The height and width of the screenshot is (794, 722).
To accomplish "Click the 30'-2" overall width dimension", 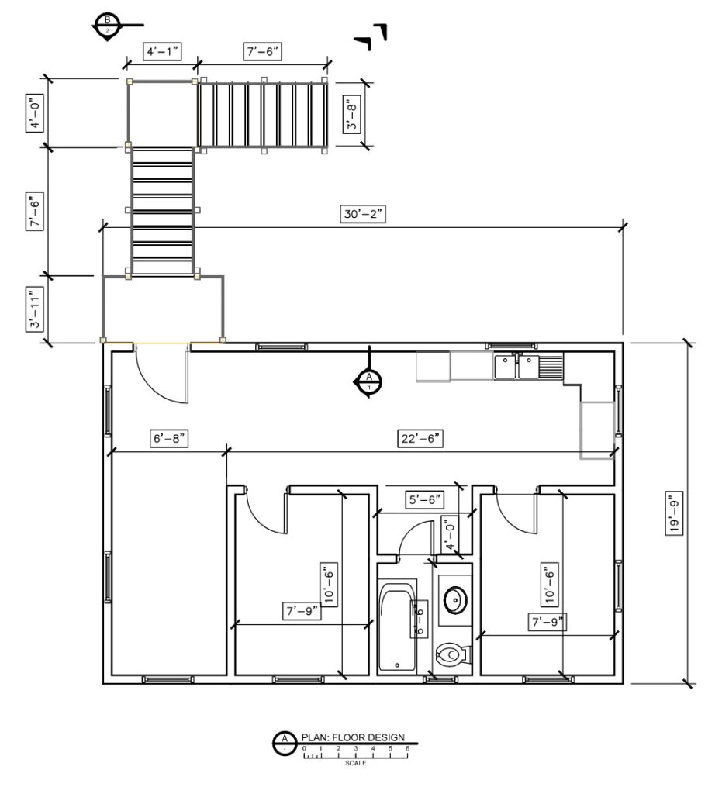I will [x=361, y=214].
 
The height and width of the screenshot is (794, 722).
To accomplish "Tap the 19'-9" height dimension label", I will [x=675, y=512].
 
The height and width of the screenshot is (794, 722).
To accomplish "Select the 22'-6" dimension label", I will [x=421, y=438].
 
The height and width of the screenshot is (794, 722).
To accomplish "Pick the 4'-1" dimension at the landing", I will [x=163, y=52].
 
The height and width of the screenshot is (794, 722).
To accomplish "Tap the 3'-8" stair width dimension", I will [x=354, y=114].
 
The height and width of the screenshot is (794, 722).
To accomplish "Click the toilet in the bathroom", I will [x=451, y=654].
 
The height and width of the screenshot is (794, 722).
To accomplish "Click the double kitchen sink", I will [x=518, y=365].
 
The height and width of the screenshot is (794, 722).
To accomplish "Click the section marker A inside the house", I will [x=369, y=380].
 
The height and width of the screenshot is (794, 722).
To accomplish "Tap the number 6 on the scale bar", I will [x=407, y=748].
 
